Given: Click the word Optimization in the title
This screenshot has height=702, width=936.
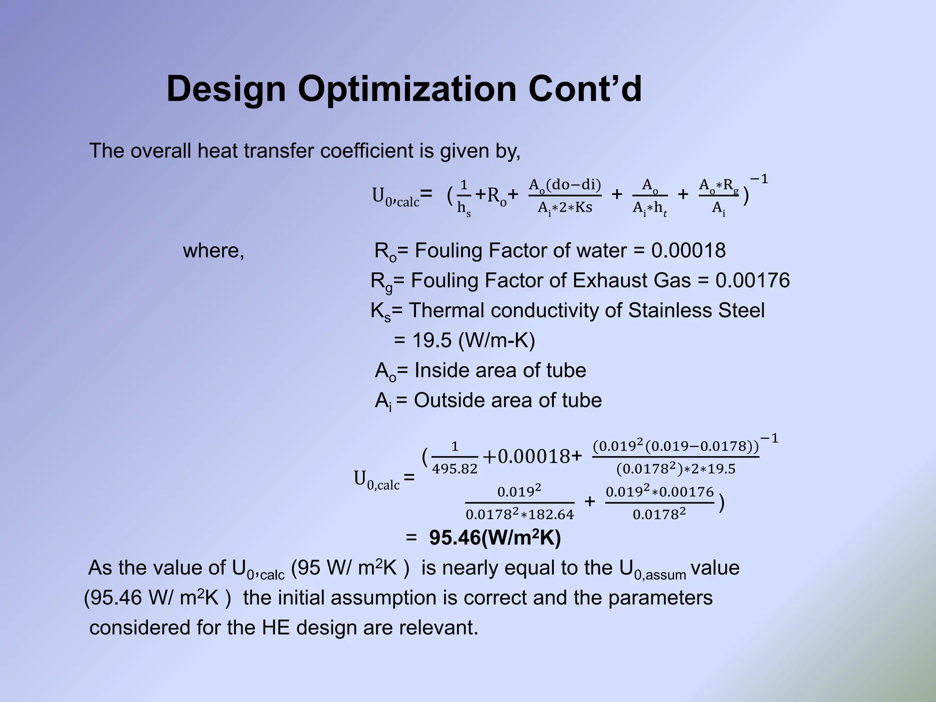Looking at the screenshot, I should pyautogui.click(x=406, y=89).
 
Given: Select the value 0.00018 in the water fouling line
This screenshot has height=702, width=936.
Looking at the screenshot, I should pyautogui.click(x=688, y=250).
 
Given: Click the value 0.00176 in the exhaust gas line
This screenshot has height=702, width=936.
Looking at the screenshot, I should pyautogui.click(x=752, y=280).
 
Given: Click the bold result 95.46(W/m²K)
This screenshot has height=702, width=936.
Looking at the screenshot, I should pyautogui.click(x=495, y=538).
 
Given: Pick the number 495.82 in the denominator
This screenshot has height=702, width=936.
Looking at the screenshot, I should pyautogui.click(x=454, y=469).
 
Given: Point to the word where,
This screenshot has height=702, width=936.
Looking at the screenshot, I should pyautogui.click(x=213, y=250).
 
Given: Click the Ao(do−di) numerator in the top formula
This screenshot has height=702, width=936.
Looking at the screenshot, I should pyautogui.click(x=564, y=185).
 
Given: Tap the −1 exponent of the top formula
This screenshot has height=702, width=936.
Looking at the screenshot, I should pyautogui.click(x=759, y=179).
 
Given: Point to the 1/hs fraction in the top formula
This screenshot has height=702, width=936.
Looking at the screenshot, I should pyautogui.click(x=464, y=197).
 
